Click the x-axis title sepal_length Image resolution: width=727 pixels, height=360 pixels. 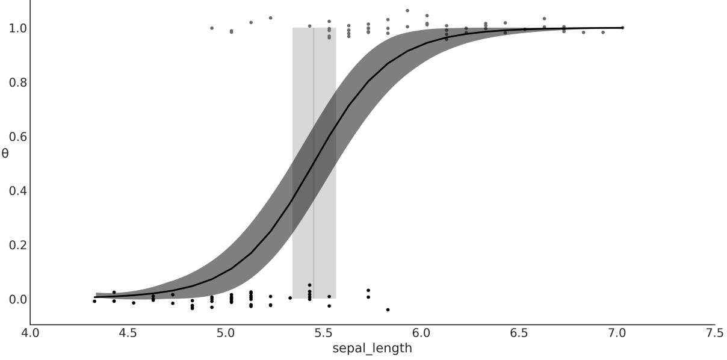372,349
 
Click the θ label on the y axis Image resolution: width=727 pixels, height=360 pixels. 5,154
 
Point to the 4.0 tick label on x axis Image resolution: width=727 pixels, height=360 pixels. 30,334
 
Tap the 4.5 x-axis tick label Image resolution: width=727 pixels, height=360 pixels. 128,334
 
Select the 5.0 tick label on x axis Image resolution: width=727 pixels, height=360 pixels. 226,334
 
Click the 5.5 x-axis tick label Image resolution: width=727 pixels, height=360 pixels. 323,334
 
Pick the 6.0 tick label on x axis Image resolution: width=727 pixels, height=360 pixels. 421,334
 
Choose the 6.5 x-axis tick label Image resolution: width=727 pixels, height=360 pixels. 519,334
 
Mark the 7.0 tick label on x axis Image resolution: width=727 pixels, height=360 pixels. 616,334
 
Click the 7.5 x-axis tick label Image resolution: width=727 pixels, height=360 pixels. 714,334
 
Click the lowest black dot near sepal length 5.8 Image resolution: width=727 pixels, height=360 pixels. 388,309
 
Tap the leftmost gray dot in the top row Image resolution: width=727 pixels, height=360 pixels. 212,28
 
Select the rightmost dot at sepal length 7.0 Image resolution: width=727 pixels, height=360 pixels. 622,28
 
